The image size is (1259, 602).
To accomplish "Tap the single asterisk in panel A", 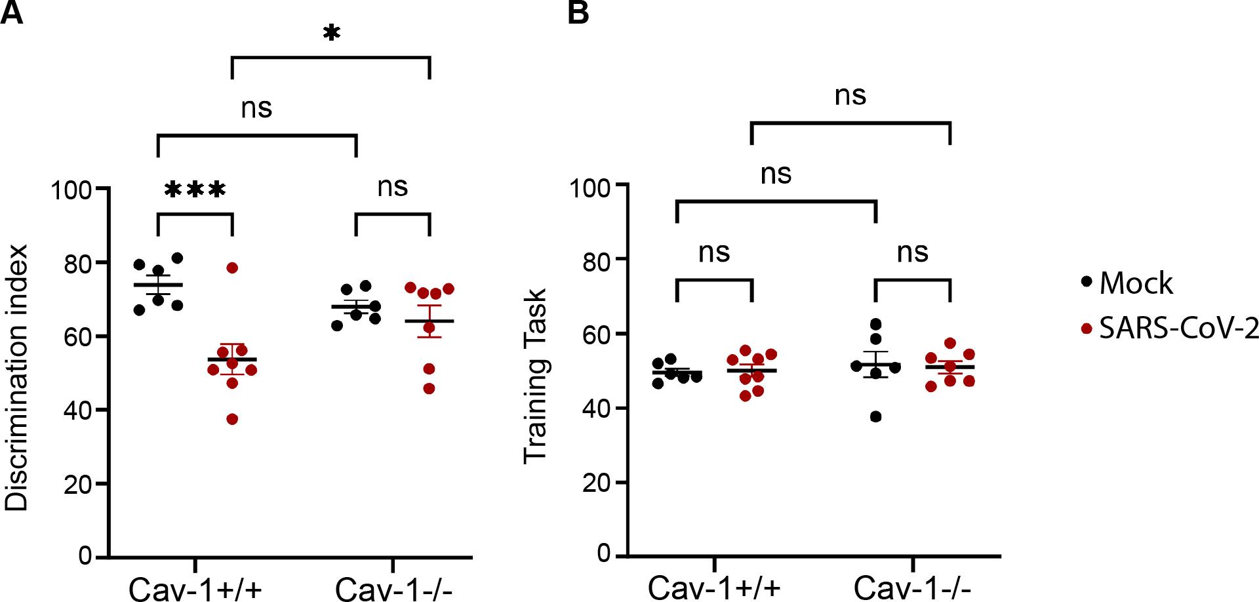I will click(332, 33).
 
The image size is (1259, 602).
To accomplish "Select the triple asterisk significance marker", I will click(195, 190).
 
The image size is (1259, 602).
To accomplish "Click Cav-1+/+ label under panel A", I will click(195, 589).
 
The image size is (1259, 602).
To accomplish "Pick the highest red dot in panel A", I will click(232, 268).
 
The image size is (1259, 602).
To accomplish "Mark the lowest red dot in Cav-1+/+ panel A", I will click(232, 419).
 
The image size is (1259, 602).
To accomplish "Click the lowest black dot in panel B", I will click(875, 417).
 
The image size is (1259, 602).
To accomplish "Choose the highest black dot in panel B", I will click(875, 324).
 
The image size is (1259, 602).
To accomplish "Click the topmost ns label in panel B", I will click(850, 96).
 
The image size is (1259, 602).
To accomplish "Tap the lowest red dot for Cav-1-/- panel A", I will click(429, 389).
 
